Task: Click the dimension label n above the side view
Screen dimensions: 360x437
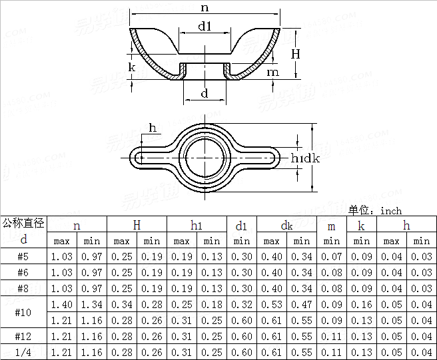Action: [x=205, y=7]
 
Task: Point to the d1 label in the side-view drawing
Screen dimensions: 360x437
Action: [x=205, y=27]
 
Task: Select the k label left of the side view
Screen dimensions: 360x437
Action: [x=132, y=67]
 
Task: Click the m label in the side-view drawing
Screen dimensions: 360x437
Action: [x=272, y=72]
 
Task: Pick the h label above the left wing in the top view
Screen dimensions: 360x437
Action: [x=153, y=128]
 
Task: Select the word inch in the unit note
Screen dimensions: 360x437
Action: [x=391, y=210]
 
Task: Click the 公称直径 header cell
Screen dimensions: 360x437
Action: [x=23, y=223]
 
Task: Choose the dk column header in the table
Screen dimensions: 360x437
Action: [x=286, y=226]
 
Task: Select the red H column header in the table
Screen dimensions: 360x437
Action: [x=137, y=226]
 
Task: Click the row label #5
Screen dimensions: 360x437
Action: [x=23, y=257]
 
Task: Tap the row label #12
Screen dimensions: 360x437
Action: [x=23, y=337]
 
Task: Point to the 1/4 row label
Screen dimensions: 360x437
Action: [x=23, y=352]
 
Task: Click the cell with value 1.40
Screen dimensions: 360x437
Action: [x=61, y=305]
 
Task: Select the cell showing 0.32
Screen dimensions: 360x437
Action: [x=242, y=305]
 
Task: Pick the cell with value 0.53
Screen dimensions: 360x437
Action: [x=272, y=305]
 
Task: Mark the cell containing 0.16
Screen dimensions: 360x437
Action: [x=362, y=305]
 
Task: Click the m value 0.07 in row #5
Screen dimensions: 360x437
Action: [x=332, y=257]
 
